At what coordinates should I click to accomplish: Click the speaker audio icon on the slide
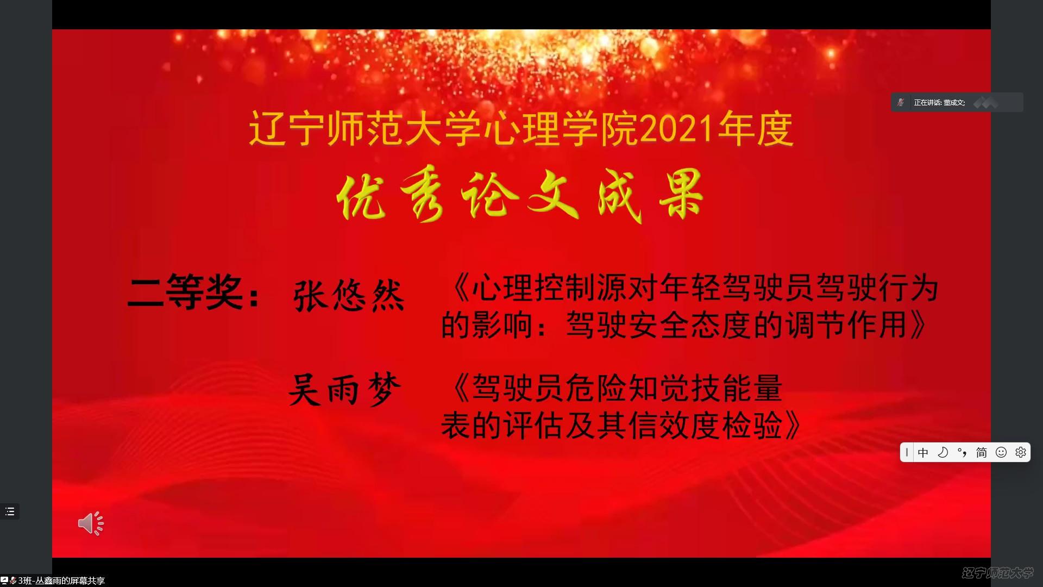coord(90,523)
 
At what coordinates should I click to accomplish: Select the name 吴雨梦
coord(345,389)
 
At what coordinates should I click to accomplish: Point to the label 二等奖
coord(185,291)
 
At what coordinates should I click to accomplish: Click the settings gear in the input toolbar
coord(1020,452)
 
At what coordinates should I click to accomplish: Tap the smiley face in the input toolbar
coord(1001,452)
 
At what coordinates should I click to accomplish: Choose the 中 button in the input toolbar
coord(923,452)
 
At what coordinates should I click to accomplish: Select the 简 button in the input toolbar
coord(981,452)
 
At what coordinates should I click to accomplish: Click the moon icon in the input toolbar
coord(943,452)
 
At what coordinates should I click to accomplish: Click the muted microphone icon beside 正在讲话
coord(901,102)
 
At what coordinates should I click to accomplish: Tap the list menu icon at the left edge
coord(10,511)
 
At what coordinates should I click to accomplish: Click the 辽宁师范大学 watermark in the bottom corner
coord(997,573)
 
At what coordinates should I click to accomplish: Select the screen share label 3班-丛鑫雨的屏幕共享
coord(61,580)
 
